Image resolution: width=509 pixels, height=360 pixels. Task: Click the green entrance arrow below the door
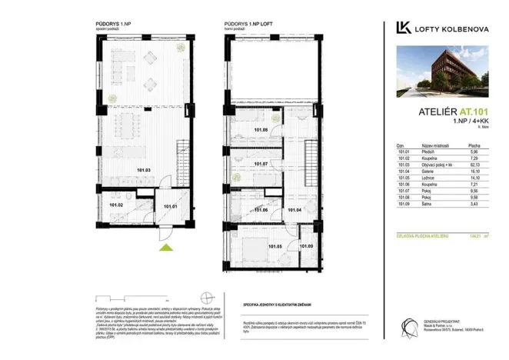161,247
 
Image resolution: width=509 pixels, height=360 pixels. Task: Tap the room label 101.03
144,169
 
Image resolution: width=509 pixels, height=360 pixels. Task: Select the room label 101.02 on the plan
116,205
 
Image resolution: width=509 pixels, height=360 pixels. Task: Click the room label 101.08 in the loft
260,130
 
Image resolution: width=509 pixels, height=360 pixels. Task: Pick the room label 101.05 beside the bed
274,246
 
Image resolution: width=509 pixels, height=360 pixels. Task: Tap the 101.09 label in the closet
306,246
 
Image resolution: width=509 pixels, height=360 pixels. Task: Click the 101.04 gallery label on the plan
294,209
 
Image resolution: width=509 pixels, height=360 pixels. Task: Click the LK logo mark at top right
402,28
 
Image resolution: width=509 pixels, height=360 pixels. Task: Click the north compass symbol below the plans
207,302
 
